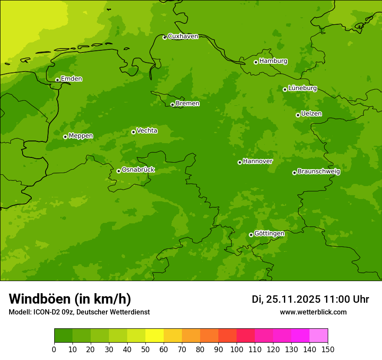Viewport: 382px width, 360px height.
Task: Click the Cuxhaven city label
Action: [183, 36]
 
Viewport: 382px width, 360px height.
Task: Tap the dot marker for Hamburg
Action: [256, 62]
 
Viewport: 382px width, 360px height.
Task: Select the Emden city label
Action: [71, 79]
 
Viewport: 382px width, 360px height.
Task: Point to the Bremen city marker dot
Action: [172, 105]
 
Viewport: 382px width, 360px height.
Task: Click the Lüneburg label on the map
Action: [302, 88]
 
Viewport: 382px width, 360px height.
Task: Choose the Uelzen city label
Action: [311, 114]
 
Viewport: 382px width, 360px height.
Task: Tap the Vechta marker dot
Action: [133, 132]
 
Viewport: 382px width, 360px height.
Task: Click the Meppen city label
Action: [81, 136]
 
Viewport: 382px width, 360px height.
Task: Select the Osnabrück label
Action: [138, 170]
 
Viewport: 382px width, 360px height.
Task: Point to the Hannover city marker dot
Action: [240, 162]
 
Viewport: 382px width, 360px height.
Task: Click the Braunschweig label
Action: [319, 172]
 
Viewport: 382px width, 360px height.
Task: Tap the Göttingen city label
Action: [269, 234]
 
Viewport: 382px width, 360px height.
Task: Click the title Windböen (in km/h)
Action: [70, 299]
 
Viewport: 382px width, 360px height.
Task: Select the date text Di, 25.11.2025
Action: [286, 299]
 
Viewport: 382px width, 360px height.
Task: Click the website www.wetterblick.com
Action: [313, 312]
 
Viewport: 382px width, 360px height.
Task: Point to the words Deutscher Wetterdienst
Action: [115, 312]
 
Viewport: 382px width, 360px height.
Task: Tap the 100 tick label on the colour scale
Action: [237, 349]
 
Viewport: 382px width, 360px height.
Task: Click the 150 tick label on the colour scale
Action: [328, 349]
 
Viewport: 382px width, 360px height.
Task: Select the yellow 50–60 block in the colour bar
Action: [155, 336]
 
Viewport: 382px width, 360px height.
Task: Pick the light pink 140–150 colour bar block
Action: [319, 336]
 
